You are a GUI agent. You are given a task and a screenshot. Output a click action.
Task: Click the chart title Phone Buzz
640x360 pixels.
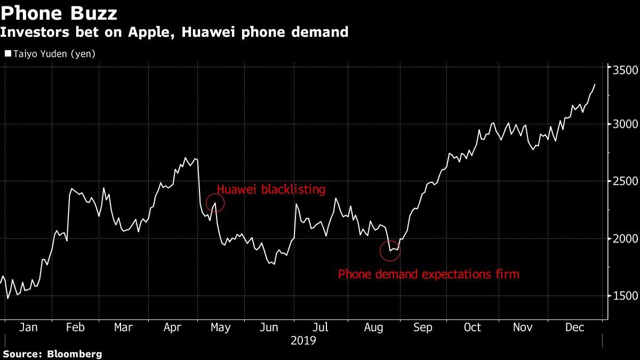59,12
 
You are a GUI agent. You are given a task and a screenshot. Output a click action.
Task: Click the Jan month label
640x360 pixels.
28,327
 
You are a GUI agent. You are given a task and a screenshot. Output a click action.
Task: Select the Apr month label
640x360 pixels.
173,327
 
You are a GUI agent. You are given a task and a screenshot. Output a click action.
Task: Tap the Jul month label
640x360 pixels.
319,327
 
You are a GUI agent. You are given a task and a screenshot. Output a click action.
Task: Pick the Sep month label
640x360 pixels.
422,327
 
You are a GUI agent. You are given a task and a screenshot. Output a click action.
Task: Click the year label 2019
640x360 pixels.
303,340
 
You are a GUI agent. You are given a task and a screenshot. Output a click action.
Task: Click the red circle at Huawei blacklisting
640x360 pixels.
215,203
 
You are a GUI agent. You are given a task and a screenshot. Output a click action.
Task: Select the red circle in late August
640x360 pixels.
390,251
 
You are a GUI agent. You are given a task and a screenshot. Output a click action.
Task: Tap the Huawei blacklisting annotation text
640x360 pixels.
270,189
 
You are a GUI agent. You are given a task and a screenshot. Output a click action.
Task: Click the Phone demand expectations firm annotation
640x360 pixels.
429,275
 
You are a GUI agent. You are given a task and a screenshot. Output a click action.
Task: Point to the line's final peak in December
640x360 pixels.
595,84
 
